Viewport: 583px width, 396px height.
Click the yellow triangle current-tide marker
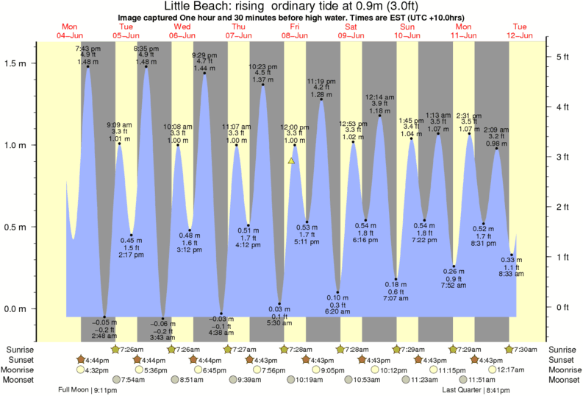tap(292, 160)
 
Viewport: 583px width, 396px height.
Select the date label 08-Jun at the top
tap(295, 35)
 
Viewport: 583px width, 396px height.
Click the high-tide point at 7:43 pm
tap(87, 67)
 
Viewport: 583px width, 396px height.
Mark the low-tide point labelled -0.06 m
tap(163, 318)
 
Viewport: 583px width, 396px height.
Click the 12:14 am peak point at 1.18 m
tap(379, 116)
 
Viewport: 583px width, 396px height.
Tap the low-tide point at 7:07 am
tap(396, 280)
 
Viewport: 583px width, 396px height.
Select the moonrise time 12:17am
tap(509, 370)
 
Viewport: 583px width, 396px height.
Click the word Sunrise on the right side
tap(563, 349)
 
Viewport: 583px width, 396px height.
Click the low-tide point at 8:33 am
tap(512, 255)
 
